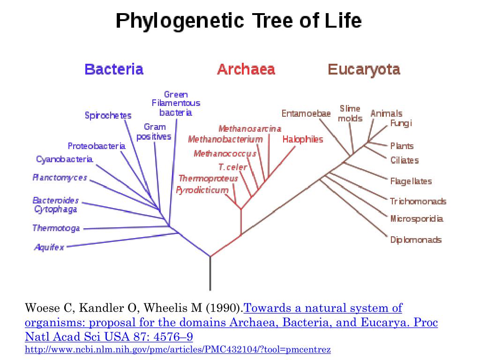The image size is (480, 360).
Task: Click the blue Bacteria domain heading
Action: (x=114, y=70)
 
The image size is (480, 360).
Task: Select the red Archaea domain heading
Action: (x=246, y=70)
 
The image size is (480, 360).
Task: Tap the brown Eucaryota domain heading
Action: (x=364, y=70)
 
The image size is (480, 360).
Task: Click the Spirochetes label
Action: (x=108, y=115)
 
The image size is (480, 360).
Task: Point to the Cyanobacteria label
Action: (x=64, y=159)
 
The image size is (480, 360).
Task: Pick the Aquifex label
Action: (x=49, y=247)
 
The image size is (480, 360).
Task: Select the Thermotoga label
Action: (x=56, y=228)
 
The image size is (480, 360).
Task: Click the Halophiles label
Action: (x=302, y=139)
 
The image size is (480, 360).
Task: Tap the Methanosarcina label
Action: (x=250, y=128)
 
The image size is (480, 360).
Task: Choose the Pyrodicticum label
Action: (x=202, y=190)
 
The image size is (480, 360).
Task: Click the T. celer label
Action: (x=232, y=167)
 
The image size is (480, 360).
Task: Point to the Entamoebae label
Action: (x=306, y=113)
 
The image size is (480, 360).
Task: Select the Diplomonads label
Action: (x=416, y=240)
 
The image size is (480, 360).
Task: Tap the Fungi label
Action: (x=401, y=123)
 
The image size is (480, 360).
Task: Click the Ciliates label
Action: (x=404, y=160)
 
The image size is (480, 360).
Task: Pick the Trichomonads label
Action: (x=418, y=202)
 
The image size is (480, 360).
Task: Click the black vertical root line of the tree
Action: (x=210, y=274)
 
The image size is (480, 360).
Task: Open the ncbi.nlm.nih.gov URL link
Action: (x=178, y=350)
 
